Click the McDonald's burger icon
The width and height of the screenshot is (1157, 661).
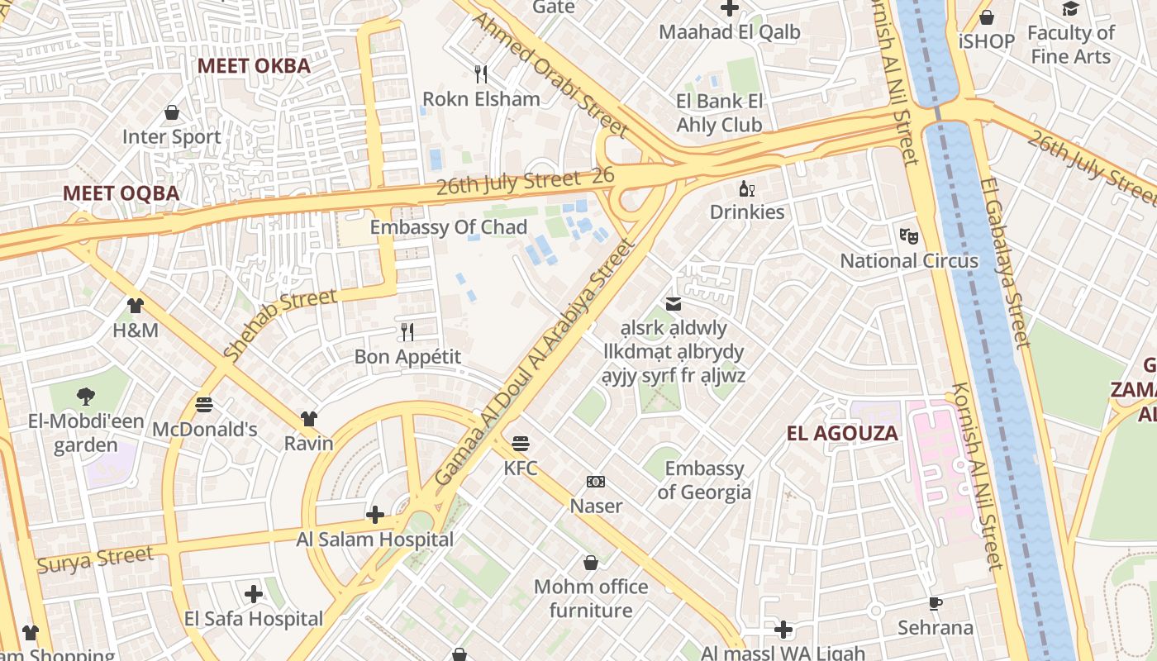(204, 405)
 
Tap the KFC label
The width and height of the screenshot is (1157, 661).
(521, 468)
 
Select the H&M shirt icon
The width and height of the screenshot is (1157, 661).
(136, 306)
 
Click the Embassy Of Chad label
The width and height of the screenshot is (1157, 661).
(448, 227)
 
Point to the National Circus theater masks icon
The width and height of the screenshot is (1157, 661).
(909, 235)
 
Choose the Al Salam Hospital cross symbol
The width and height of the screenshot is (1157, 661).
(375, 515)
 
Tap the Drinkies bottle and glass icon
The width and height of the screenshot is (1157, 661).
(746, 188)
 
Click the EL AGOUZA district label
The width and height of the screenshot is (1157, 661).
(842, 434)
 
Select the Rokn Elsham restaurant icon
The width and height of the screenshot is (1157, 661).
(481, 74)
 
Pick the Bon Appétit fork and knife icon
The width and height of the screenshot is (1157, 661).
(407, 331)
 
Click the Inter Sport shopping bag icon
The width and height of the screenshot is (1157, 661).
(172, 112)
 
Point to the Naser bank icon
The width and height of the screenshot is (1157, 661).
(596, 482)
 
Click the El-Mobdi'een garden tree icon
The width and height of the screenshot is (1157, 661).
(85, 397)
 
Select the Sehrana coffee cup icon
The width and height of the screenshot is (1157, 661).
(936, 603)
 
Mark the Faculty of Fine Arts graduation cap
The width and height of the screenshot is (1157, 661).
(1071, 9)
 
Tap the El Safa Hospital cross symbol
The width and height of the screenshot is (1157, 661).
(254, 594)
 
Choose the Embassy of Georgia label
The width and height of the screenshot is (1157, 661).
(704, 480)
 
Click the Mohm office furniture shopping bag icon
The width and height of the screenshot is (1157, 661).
(591, 563)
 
